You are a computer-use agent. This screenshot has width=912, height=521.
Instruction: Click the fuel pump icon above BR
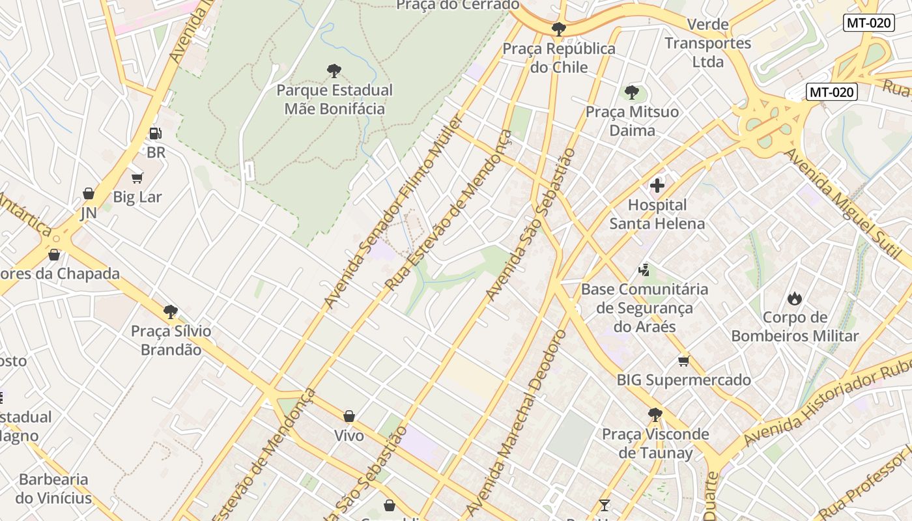point(155,134)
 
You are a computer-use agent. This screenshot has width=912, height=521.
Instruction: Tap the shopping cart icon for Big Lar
point(137,178)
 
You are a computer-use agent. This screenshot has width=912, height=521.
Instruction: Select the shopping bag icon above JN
point(89,193)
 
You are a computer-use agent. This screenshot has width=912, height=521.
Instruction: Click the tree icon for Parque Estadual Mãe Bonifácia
point(334,70)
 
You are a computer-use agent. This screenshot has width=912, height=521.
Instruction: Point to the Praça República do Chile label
point(559,58)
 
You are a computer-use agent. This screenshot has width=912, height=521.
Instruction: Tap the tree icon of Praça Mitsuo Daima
point(631,92)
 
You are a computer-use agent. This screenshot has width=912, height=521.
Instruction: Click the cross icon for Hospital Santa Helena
point(657,186)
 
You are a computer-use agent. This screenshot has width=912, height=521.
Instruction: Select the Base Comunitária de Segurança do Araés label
point(644,307)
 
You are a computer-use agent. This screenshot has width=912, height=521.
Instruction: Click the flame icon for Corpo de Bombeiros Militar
point(794,298)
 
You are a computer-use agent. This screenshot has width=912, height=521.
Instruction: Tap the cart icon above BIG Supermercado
point(683,361)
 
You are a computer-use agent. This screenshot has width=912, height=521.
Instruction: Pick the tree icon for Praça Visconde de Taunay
point(655,414)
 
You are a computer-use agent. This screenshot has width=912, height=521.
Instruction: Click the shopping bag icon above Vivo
point(349,416)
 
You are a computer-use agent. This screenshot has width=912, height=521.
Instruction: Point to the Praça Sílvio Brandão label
point(171,340)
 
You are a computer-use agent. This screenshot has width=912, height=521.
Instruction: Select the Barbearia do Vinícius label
point(54,489)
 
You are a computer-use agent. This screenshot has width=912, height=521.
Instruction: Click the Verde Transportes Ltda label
point(708,44)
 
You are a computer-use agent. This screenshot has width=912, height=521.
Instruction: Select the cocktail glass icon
point(605,505)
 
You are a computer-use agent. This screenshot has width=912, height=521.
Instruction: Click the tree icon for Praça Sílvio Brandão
point(171,311)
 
